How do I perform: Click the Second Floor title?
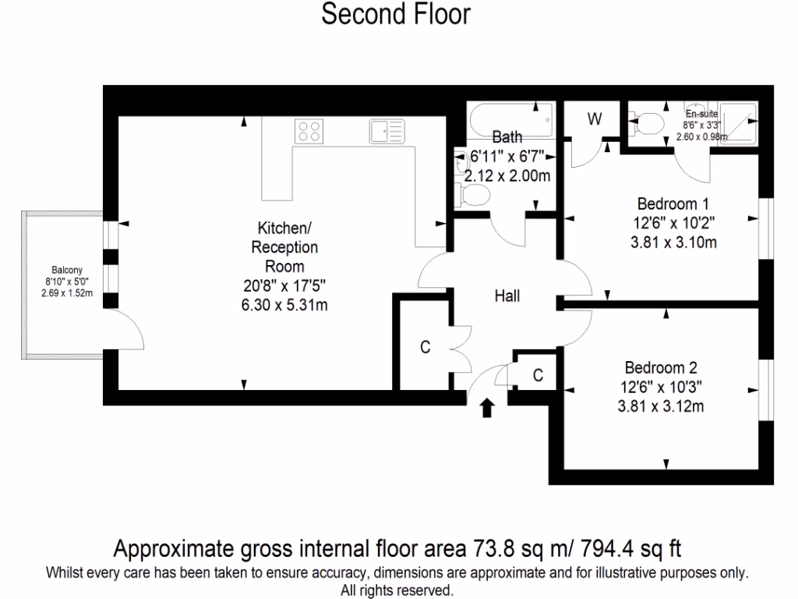point(396,14)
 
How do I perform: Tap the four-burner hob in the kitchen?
point(309,130)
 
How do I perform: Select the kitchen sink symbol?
point(387,130)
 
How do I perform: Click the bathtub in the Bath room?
point(511,121)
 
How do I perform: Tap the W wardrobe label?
point(595,119)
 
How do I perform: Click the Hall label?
point(507,296)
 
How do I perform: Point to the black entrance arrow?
point(487,408)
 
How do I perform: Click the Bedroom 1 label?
point(667,204)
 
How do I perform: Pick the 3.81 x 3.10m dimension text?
point(673,243)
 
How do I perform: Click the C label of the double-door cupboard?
point(425,348)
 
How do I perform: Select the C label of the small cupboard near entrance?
point(538,375)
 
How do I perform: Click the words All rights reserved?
point(397,590)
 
